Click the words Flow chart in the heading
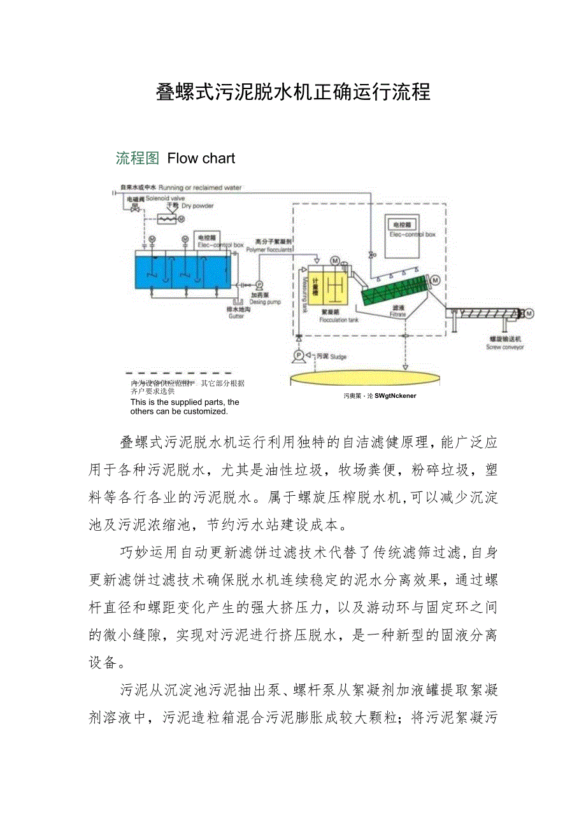pyautogui.click(x=201, y=158)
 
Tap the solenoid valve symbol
pyautogui.click(x=134, y=207)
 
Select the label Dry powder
pyautogui.click(x=197, y=206)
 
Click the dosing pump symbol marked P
pyautogui.click(x=259, y=284)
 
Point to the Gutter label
pyautogui.click(x=236, y=316)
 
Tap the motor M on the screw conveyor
pyautogui.click(x=529, y=312)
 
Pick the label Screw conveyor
pyautogui.click(x=504, y=347)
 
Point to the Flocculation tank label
pyautogui.click(x=338, y=320)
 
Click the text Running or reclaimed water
pyautogui.click(x=200, y=188)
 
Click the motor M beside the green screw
pyautogui.click(x=436, y=279)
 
